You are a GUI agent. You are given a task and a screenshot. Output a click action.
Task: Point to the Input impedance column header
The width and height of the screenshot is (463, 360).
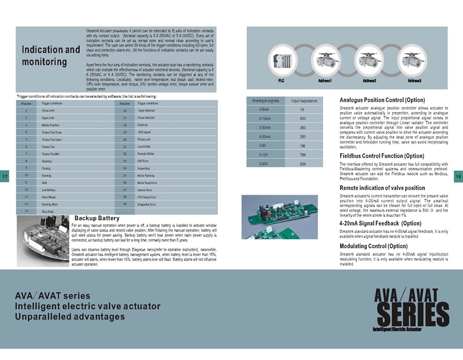304,101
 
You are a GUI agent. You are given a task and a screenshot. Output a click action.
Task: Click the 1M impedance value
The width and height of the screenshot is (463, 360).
304,146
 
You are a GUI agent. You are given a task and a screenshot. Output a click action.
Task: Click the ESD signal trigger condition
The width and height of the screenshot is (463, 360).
145,132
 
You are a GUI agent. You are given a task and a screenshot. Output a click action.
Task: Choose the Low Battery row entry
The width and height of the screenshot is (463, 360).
50,190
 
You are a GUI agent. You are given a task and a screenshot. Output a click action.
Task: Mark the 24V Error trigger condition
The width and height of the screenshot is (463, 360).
145,161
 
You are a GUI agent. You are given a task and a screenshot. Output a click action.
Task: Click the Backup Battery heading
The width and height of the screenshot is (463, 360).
97,219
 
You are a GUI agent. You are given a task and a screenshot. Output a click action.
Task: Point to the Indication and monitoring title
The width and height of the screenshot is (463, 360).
50,56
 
